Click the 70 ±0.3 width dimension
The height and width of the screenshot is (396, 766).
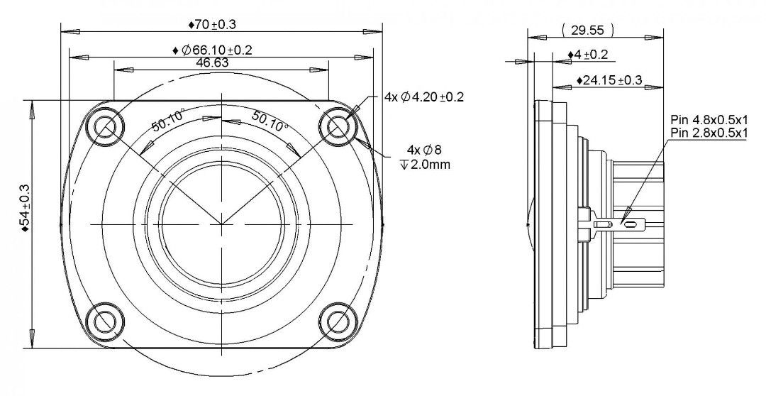coord(212,24)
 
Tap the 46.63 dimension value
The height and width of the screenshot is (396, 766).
coord(212,62)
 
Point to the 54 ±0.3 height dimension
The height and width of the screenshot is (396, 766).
coord(25,207)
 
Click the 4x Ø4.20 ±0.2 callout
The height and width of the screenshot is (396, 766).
coord(424,97)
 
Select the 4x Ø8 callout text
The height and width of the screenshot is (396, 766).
coord(424,149)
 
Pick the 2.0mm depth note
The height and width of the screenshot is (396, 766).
coord(425,164)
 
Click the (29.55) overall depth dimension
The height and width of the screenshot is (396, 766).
coord(587,31)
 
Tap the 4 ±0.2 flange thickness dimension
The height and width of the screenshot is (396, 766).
coord(588,54)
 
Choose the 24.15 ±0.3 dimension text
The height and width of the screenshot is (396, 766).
coord(609,80)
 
